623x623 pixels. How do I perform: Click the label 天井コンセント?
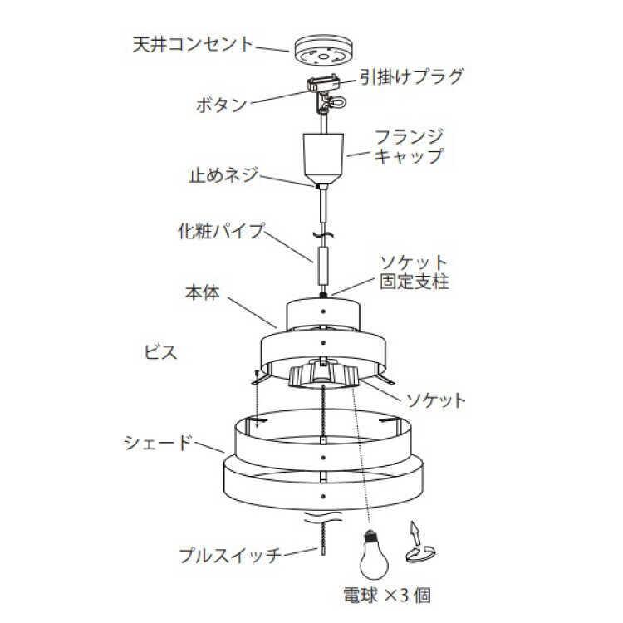click(x=193, y=43)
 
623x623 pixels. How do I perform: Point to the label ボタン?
click(x=221, y=105)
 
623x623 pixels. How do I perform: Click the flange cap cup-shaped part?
click(x=321, y=158)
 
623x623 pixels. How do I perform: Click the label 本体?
click(x=202, y=293)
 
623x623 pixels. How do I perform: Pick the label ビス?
click(x=158, y=351)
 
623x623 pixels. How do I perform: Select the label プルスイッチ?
click(x=232, y=553)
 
